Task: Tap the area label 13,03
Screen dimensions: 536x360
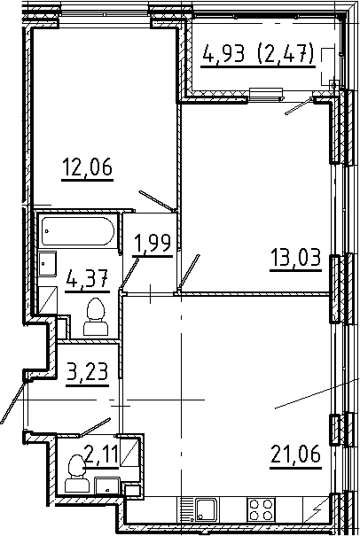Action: (x=293, y=260)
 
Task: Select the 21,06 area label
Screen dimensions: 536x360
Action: (x=293, y=457)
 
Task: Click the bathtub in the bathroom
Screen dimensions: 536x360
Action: (x=78, y=233)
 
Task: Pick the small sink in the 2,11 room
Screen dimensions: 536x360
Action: (x=106, y=486)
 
